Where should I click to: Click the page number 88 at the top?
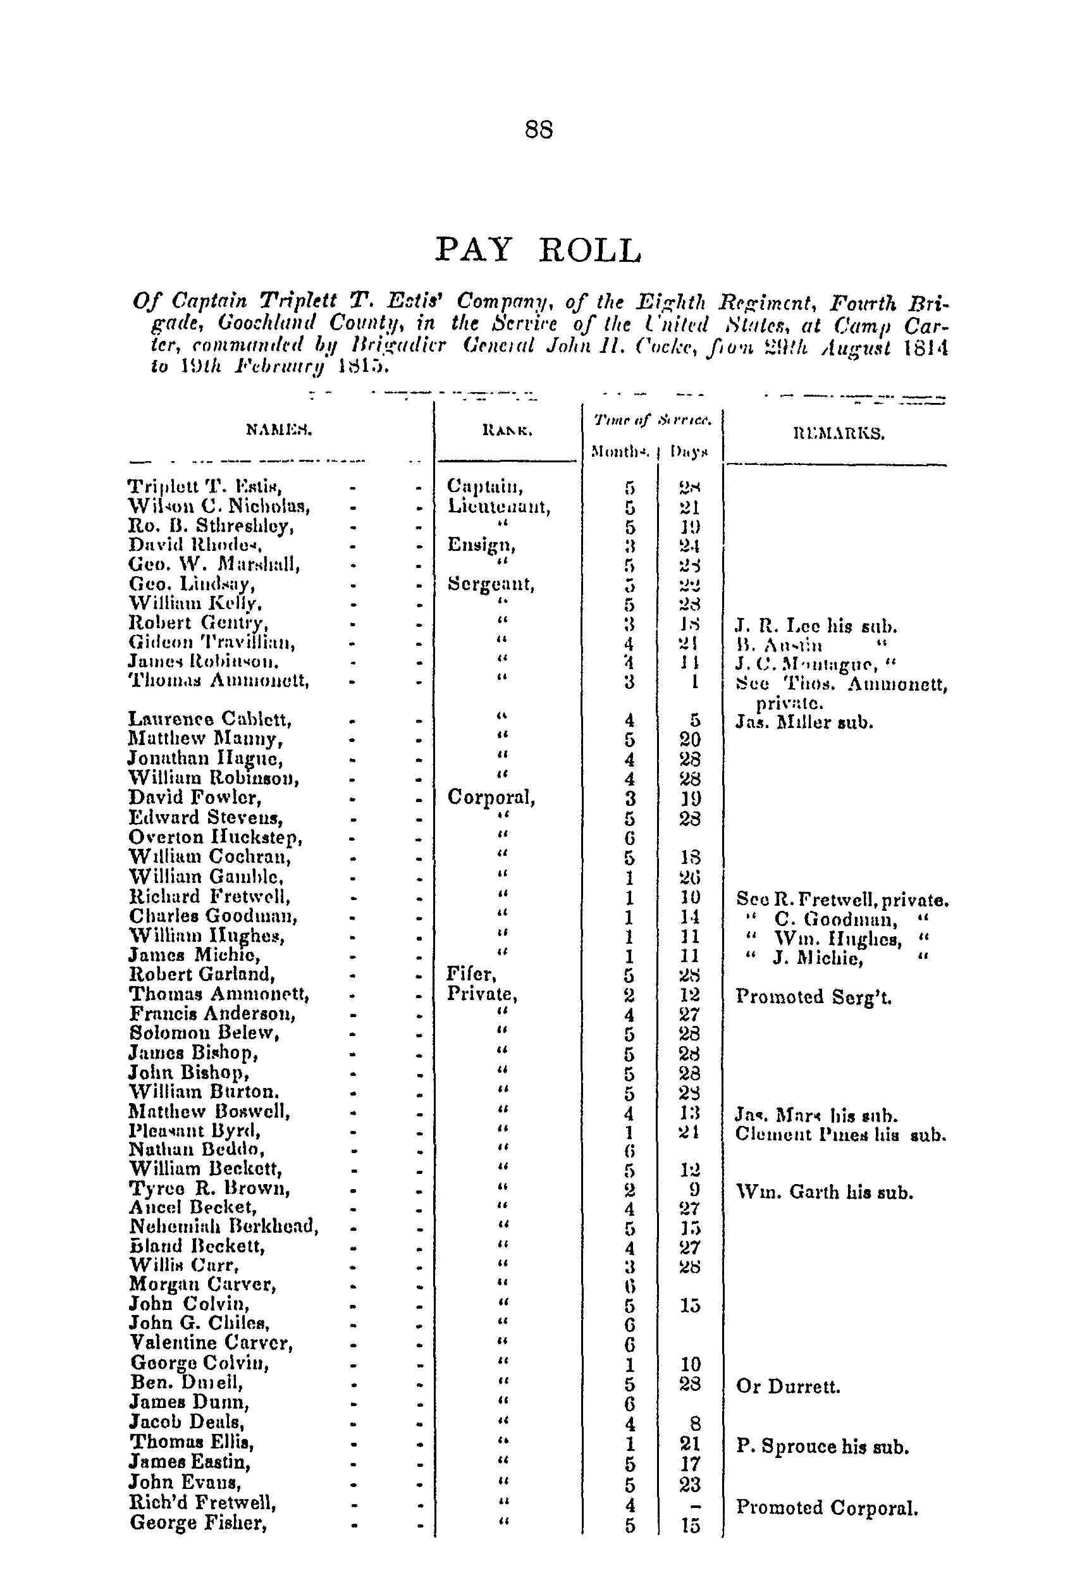[538, 129]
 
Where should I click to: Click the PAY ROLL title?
[538, 250]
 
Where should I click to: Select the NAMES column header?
[278, 430]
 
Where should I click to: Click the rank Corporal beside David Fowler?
[491, 797]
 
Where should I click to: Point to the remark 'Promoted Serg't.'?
[813, 997]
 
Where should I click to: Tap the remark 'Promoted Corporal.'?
[827, 1507]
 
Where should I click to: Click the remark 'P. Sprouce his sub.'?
[822, 1447]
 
